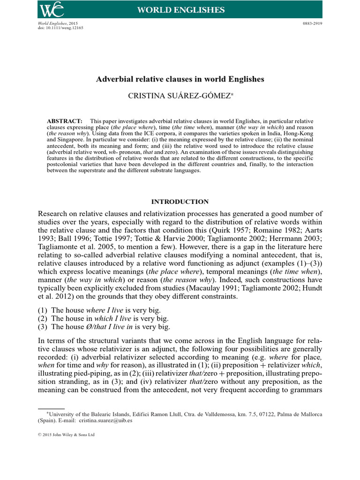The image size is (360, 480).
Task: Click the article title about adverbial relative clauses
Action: coord(180,79)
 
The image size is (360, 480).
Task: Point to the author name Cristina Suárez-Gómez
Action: coord(180,96)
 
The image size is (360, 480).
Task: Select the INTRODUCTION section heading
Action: coord(180,202)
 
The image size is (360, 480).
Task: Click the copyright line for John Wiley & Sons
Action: coord(66,435)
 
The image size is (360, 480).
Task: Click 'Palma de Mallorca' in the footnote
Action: coord(300,414)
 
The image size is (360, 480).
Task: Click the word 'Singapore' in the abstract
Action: coord(66,139)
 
